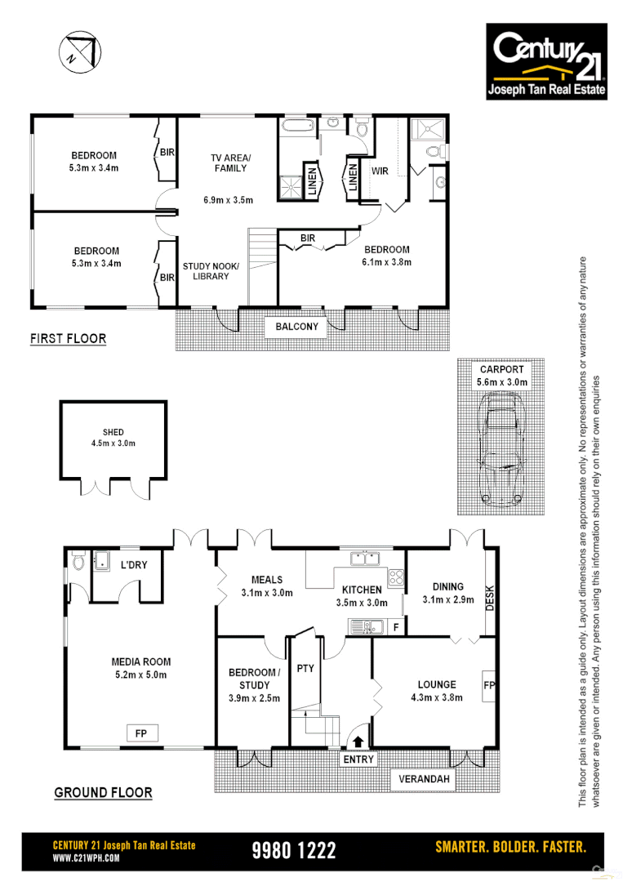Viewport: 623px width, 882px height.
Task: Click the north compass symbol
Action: click(80, 51)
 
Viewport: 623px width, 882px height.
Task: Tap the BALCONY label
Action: click(296, 327)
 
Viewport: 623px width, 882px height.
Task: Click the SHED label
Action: click(113, 433)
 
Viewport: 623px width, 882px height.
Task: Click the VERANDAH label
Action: click(424, 780)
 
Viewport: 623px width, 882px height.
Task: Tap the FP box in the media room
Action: click(140, 733)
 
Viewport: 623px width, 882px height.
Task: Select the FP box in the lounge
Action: click(488, 684)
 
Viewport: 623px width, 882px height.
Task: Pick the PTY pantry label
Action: click(305, 669)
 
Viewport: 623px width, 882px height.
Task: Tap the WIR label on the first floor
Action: click(380, 171)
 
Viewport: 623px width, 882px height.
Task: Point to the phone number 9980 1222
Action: click(294, 850)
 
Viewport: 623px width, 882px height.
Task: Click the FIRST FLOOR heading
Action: click(68, 338)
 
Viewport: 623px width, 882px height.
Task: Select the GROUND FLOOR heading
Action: click(103, 792)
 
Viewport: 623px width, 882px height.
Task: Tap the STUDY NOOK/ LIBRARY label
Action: click(206, 271)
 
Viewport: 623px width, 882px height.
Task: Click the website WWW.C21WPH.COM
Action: click(87, 858)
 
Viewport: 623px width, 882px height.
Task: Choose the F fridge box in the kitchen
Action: click(395, 627)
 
